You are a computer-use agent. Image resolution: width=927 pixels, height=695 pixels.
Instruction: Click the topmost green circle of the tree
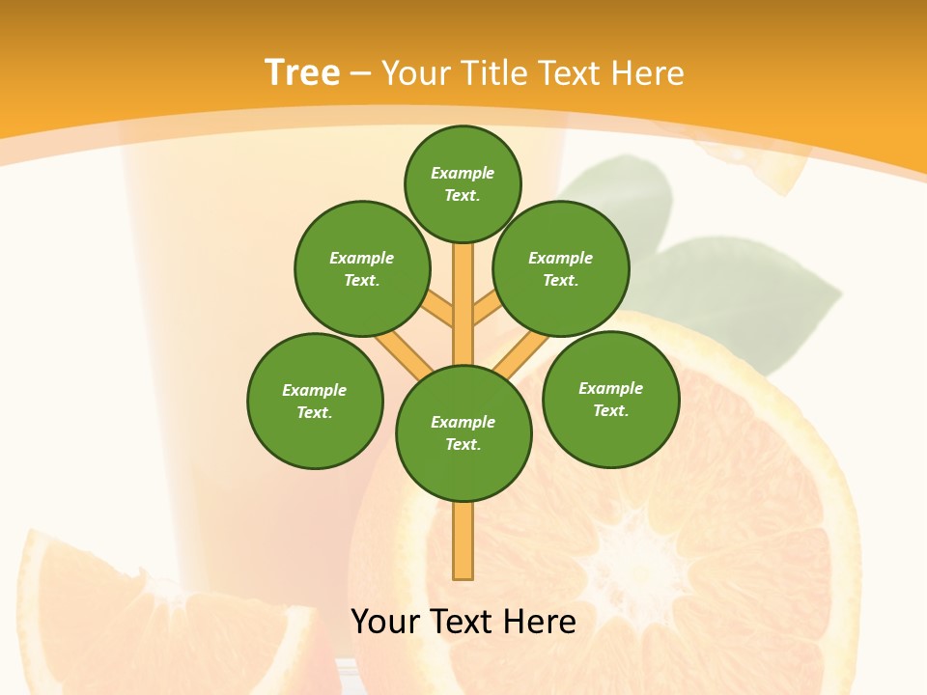[463, 183]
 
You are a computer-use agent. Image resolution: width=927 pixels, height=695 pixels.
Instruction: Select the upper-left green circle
[362, 268]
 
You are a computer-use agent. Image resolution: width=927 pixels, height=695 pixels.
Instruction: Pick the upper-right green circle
[561, 268]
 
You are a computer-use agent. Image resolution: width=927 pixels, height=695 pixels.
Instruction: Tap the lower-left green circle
[315, 401]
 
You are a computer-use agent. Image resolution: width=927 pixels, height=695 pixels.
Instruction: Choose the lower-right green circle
[611, 399]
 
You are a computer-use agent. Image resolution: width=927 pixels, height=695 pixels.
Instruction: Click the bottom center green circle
[463, 432]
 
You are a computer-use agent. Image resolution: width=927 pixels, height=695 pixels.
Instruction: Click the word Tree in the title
[302, 72]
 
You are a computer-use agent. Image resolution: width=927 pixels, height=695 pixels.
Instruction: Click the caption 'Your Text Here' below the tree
[463, 621]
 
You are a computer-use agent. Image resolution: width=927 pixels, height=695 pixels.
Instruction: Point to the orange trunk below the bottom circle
[463, 541]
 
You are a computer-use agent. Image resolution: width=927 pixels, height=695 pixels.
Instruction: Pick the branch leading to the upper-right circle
[487, 309]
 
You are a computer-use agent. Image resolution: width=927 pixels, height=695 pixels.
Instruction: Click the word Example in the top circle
[463, 173]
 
